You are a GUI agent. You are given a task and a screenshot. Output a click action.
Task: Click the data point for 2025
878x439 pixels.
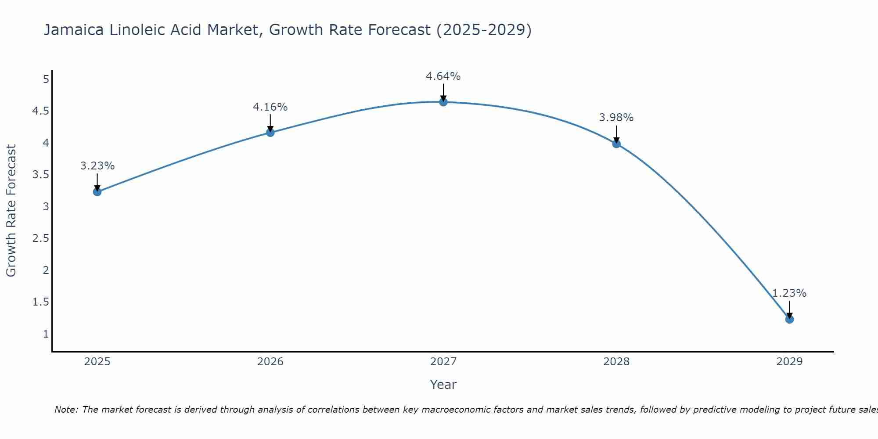tap(97, 192)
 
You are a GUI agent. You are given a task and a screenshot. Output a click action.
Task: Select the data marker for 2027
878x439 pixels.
tap(443, 102)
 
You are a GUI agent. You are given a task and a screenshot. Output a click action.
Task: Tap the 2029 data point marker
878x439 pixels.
tap(789, 319)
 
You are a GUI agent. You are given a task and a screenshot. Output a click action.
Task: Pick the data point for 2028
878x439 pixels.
tap(616, 144)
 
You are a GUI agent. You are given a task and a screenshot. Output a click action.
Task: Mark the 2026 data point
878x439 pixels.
tap(270, 133)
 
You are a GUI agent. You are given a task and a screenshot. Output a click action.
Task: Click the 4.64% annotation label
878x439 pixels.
tap(443, 76)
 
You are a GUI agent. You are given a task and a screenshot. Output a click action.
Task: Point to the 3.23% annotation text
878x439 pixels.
tap(97, 166)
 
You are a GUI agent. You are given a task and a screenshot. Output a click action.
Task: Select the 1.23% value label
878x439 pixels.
tap(789, 293)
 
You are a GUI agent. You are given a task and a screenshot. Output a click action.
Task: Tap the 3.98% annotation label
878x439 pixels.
tap(616, 118)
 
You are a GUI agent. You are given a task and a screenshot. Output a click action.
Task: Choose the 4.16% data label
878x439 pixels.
tap(270, 107)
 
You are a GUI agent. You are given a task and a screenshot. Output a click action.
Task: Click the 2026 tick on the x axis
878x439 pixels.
tap(270, 362)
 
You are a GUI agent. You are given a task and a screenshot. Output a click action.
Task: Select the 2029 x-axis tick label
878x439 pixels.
tap(789, 362)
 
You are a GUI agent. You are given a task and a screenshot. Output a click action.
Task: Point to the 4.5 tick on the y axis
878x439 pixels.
tap(40, 111)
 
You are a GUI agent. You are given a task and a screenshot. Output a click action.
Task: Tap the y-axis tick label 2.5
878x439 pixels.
tap(40, 238)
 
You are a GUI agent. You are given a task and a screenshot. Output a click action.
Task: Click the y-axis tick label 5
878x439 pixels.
tap(46, 79)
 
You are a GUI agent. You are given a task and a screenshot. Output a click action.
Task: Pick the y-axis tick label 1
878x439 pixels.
tap(46, 334)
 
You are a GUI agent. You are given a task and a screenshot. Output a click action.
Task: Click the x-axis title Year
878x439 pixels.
tap(443, 385)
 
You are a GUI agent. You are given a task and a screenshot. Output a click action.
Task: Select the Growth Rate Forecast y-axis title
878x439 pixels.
tap(11, 211)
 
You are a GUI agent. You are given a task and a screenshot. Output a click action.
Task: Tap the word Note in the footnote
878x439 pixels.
tap(66, 410)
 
